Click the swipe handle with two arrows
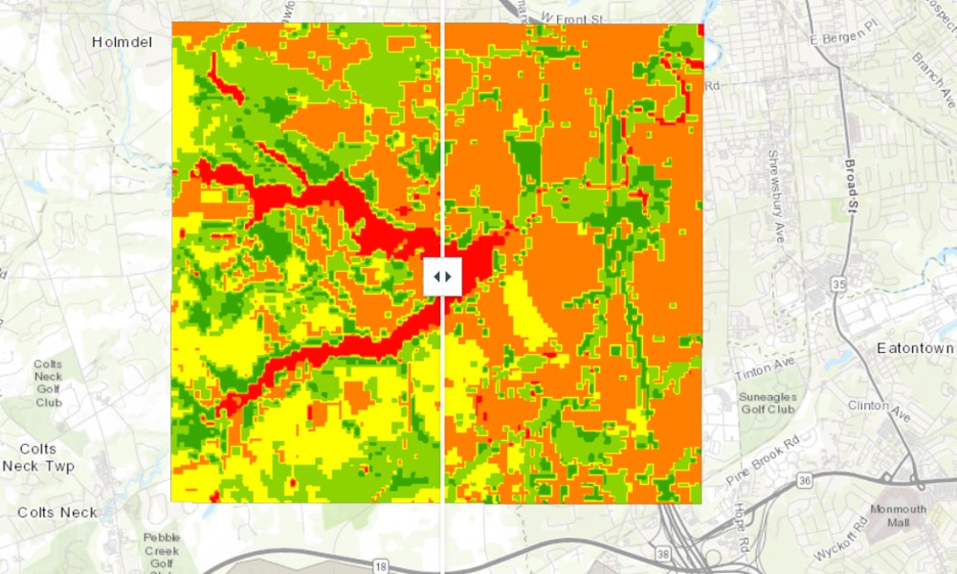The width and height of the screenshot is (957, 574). [x=442, y=276]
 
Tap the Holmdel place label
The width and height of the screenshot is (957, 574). [x=122, y=42]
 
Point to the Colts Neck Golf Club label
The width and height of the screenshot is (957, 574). [x=48, y=383]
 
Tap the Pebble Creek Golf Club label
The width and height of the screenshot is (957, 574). [x=162, y=551]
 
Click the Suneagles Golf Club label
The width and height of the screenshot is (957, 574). [x=767, y=403]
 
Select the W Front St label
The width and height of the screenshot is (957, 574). [x=574, y=18]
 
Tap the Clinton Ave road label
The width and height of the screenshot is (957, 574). [x=874, y=411]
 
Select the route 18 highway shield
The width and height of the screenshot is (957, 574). [x=380, y=567]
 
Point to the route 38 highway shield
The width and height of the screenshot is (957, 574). [x=662, y=553]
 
